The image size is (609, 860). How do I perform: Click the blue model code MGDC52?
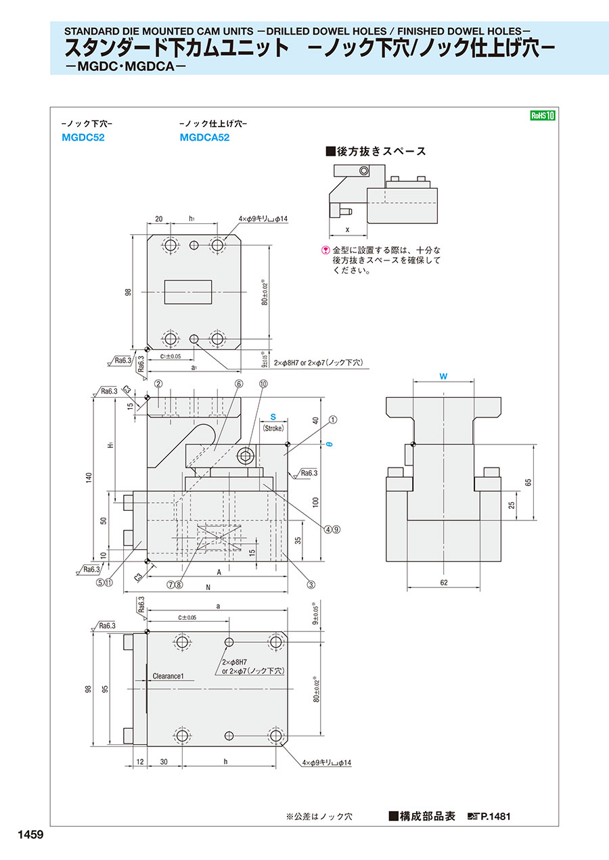[x=83, y=137]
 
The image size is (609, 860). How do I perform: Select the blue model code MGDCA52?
[x=205, y=137]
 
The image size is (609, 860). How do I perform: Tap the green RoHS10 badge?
[x=543, y=116]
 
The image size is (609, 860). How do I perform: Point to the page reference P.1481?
[x=495, y=817]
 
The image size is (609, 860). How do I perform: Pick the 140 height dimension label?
[x=88, y=478]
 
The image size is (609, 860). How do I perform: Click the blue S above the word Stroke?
[x=273, y=417]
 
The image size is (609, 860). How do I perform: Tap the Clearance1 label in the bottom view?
[x=173, y=676]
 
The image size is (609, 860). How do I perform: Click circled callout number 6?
[x=239, y=384]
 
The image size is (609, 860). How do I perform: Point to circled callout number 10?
[x=263, y=384]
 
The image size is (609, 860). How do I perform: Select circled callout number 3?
[x=311, y=585]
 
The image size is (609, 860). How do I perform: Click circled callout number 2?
[x=158, y=384]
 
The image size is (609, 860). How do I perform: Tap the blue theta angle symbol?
[x=329, y=444]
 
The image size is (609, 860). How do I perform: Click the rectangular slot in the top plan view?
[x=189, y=292]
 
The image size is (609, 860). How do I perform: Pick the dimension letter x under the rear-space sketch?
[x=347, y=229]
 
